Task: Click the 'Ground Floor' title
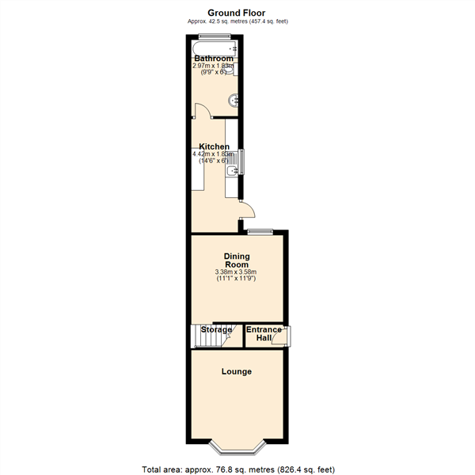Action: pyautogui.click(x=236, y=12)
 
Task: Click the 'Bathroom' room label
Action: pyautogui.click(x=214, y=59)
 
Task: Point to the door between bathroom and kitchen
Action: pyautogui.click(x=201, y=112)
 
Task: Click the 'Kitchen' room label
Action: pyautogui.click(x=214, y=146)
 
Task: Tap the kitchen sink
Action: pyautogui.click(x=232, y=171)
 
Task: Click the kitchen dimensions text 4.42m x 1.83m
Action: pyautogui.click(x=215, y=154)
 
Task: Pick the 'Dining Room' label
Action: pyautogui.click(x=237, y=260)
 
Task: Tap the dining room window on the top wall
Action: pyautogui.click(x=259, y=231)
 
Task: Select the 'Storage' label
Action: pyautogui.click(x=216, y=329)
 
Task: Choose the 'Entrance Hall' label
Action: pyautogui.click(x=264, y=334)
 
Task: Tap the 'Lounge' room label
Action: pyautogui.click(x=236, y=371)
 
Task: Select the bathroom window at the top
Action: pyautogui.click(x=215, y=36)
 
